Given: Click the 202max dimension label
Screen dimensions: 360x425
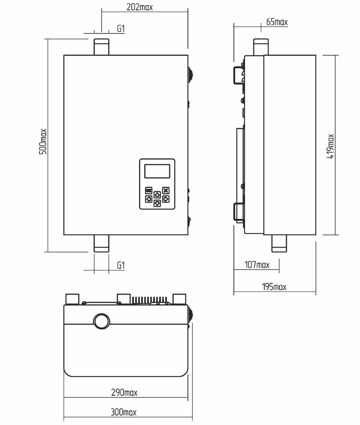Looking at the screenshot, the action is [x=139, y=7].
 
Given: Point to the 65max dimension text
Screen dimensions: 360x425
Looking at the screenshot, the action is [x=277, y=22].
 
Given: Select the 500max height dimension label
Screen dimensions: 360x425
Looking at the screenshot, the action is [x=43, y=142].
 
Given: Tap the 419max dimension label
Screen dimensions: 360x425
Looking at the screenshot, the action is [x=330, y=146].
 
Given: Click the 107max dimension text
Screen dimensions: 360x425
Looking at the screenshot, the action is [x=257, y=264].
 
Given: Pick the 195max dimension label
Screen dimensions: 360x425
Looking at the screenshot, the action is [x=274, y=286].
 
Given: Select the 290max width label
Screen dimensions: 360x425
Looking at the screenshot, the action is [x=124, y=392].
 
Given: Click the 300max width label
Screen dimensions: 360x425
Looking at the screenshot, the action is [x=124, y=412].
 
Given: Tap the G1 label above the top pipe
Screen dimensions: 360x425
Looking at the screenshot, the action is [x=121, y=28].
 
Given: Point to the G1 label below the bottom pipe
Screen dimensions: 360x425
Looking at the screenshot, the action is [x=121, y=265].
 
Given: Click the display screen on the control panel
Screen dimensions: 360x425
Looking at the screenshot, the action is [x=157, y=171].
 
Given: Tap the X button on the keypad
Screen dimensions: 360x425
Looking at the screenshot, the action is [x=166, y=190].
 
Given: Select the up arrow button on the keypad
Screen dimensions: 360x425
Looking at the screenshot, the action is [x=157, y=194].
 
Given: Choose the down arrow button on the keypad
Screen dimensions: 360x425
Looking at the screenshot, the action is [x=157, y=203].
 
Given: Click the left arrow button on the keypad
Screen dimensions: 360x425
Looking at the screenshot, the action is [x=148, y=199].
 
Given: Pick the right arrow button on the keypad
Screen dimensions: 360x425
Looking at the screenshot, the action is [x=166, y=199].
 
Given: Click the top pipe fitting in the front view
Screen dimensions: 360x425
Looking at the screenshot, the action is [x=101, y=47].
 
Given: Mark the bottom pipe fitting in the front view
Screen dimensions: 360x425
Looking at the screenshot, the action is [x=101, y=243].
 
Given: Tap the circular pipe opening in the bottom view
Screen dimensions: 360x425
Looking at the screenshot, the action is [x=102, y=321].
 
